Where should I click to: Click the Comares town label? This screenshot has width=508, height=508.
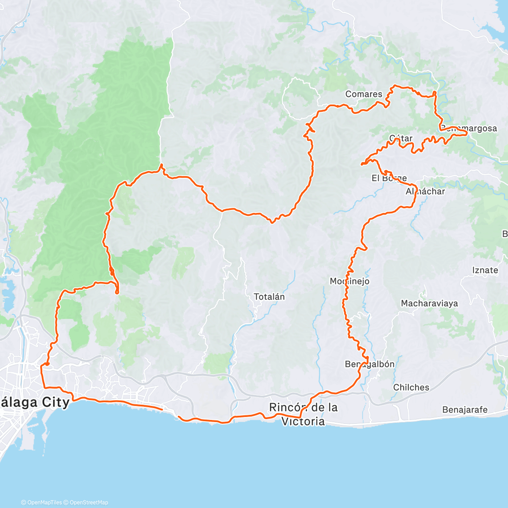coord(364,94)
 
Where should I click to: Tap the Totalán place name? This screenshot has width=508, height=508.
coord(269,297)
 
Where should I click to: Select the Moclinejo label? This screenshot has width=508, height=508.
coord(350,281)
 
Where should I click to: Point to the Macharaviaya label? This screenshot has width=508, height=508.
coord(429,303)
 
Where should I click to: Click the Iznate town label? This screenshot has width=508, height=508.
coord(485,270)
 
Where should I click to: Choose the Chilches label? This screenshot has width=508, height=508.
coord(411,387)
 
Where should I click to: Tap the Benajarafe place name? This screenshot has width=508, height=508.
coord(465,410)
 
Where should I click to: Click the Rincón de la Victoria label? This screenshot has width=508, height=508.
coord(304,414)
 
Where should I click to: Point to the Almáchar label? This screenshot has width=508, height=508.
coord(425,191)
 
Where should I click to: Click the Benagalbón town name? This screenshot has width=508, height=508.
coord(370,364)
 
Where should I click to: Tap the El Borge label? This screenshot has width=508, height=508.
coord(389,178)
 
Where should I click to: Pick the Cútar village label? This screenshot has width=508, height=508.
coord(400,138)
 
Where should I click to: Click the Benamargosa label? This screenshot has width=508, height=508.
coord(469,128)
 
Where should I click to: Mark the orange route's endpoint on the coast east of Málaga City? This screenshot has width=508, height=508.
coord(162,409)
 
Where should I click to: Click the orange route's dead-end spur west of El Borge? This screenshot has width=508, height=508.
coord(362,163)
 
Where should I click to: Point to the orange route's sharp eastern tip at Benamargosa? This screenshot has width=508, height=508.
coord(467,133)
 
